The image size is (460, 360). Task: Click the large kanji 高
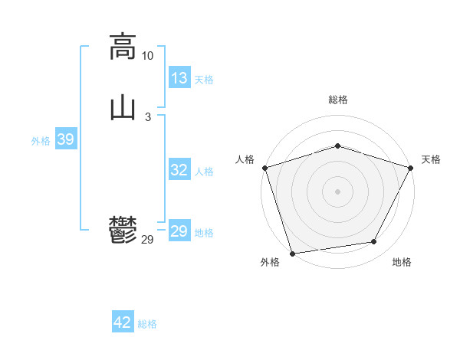(x=123, y=47)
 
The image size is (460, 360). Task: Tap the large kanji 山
(x=123, y=108)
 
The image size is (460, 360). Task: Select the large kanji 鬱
(x=123, y=231)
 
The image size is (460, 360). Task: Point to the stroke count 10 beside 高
(x=147, y=56)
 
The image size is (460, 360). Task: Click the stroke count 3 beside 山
(x=147, y=116)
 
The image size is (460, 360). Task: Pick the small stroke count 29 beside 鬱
(x=148, y=240)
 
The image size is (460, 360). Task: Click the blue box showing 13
(x=179, y=78)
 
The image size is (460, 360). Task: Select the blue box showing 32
(x=179, y=170)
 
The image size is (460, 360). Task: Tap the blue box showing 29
(x=179, y=231)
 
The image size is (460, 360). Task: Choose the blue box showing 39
(x=65, y=139)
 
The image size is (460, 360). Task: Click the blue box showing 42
(x=123, y=322)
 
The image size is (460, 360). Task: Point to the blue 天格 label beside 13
(x=204, y=79)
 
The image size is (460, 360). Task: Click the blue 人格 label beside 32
(x=204, y=171)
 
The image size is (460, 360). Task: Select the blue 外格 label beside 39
(x=41, y=140)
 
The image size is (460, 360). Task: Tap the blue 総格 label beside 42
(x=147, y=323)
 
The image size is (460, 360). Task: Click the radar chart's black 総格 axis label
(x=337, y=100)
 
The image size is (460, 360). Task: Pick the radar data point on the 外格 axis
(x=292, y=252)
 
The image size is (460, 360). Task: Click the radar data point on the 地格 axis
(x=374, y=242)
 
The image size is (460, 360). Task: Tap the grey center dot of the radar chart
(x=337, y=191)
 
